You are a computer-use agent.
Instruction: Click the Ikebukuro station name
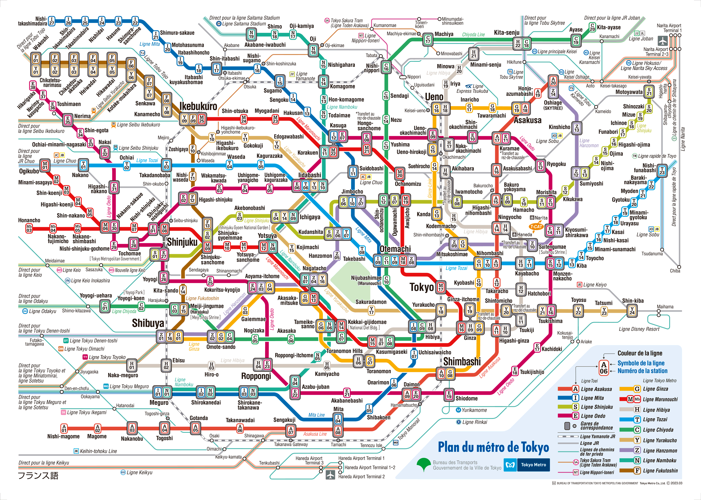pos(198,106)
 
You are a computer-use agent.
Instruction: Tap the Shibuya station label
pos(148,323)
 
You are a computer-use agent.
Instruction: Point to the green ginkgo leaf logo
pos(424,464)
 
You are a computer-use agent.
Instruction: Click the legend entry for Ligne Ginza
pos(648,389)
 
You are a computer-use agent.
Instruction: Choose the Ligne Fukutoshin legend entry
pos(648,471)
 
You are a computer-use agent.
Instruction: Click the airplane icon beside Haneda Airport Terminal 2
pos(330,475)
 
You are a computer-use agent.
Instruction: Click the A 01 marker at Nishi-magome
pos(64,428)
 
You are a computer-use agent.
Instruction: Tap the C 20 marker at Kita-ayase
pos(592,27)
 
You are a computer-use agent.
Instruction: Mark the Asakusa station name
pos(527,120)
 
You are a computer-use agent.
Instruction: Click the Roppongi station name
pos(256,376)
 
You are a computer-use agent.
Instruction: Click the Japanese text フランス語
pos(38,476)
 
